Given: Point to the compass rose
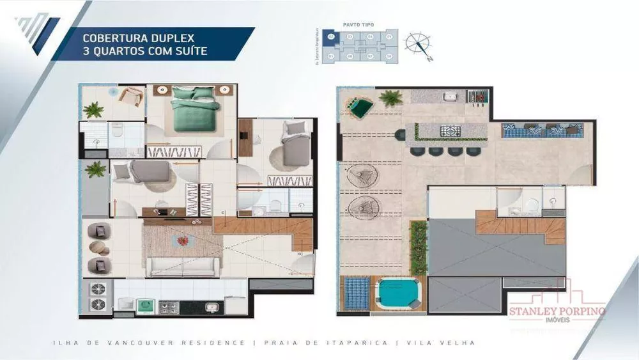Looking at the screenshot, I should click(418, 43).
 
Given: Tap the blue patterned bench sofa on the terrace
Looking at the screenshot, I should click(542, 130).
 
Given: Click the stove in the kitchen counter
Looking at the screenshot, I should click(169, 308).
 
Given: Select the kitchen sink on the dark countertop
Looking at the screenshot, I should click(212, 308).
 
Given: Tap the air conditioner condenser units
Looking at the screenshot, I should click(98, 296).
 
